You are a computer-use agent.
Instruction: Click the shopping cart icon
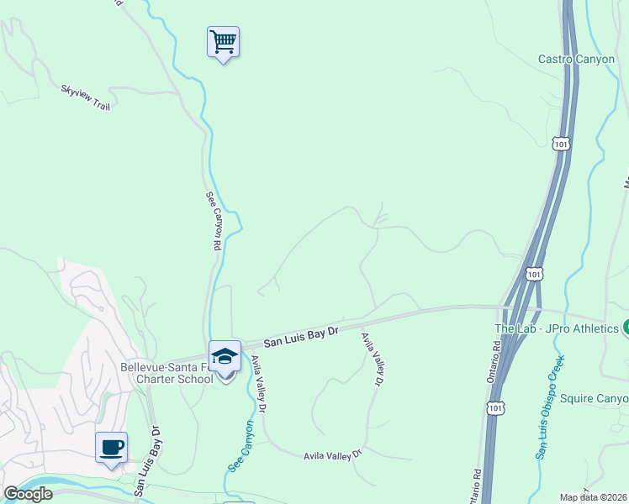(223, 41)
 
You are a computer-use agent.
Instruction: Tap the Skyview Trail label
(85, 97)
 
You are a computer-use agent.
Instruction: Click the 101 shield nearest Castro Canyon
(561, 144)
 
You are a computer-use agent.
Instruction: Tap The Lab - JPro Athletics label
(556, 328)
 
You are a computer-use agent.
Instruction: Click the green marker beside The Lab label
(626, 328)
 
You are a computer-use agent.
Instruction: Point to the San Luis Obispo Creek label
(550, 407)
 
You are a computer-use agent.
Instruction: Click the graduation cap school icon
(225, 356)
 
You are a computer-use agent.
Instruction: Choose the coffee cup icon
(111, 447)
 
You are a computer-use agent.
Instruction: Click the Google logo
(28, 494)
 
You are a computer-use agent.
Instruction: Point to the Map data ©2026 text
(593, 497)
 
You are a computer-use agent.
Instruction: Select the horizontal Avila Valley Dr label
(332, 454)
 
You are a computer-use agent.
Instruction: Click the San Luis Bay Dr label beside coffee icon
(151, 459)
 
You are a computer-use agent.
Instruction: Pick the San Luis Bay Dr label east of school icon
(300, 337)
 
